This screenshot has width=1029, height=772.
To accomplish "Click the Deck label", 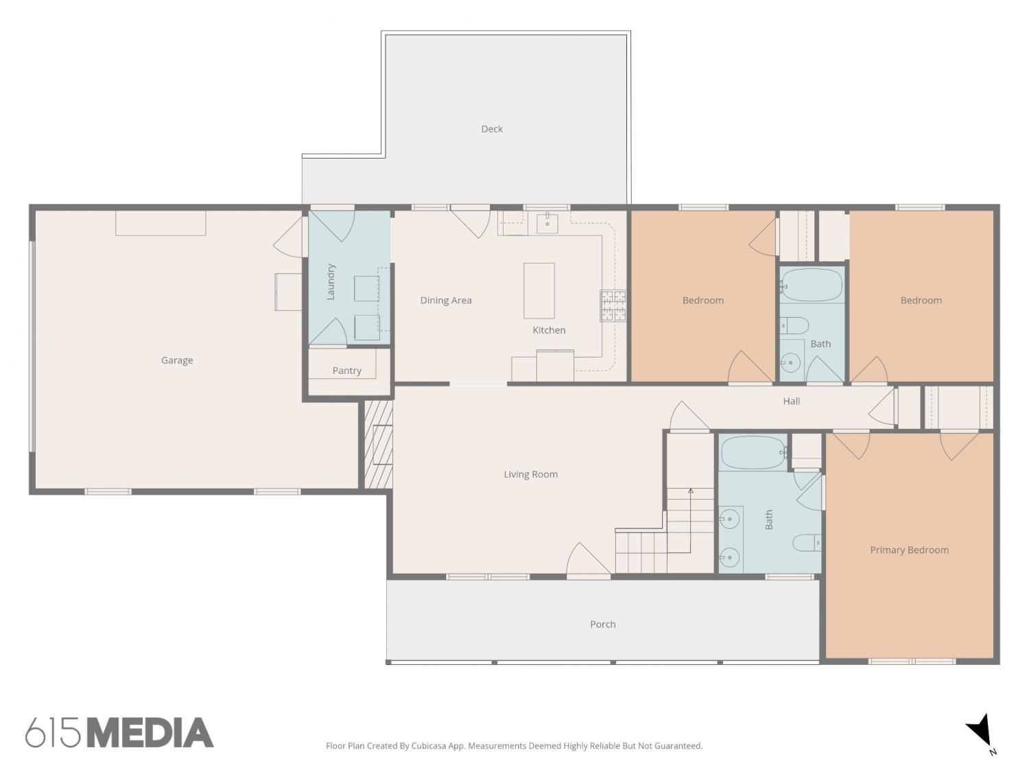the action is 492,129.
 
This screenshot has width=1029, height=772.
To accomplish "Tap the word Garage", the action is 177,360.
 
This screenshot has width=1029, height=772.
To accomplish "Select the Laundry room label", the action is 331,282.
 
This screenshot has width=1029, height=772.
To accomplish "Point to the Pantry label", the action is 347,371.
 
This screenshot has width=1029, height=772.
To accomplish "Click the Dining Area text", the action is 446,301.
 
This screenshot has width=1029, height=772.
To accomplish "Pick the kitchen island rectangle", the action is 539,290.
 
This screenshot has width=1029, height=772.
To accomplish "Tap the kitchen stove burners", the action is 613,305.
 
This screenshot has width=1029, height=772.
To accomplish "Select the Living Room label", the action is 531,474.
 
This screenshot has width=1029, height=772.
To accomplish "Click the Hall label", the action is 792,401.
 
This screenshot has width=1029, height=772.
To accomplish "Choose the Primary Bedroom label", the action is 909,550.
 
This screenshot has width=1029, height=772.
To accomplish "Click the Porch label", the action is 603,624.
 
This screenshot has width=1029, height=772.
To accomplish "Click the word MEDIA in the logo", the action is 152,733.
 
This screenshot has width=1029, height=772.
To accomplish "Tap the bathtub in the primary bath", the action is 753,452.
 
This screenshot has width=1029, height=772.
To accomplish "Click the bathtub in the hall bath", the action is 812,285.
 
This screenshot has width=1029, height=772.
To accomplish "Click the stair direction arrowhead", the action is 691,491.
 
